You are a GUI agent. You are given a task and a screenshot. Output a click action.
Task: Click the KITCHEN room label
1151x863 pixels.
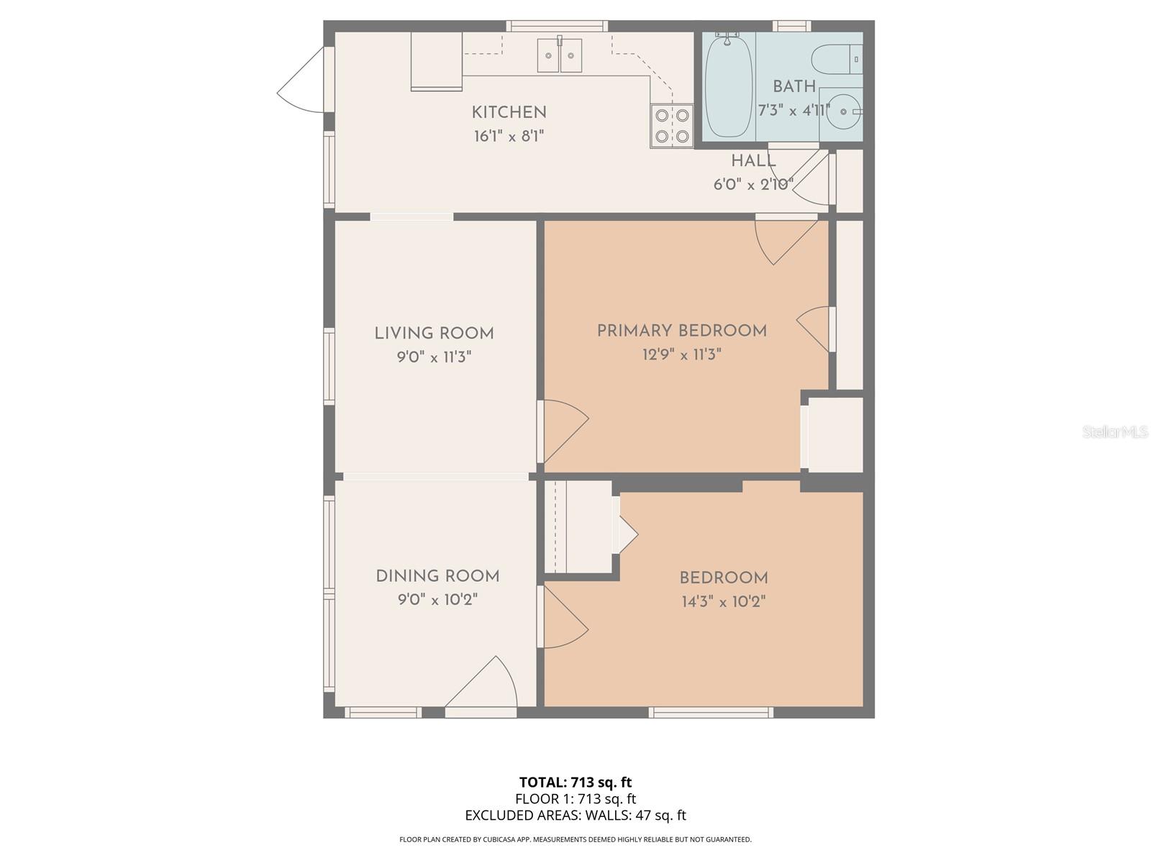[x=509, y=112]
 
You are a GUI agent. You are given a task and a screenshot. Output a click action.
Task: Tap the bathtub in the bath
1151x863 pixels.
[x=728, y=86]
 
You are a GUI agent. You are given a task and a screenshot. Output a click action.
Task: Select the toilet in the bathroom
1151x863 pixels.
[x=837, y=59]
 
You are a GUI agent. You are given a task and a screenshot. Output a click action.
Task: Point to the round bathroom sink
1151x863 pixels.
[x=841, y=111]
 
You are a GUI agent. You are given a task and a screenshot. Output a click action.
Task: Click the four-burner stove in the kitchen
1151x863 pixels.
[x=672, y=126]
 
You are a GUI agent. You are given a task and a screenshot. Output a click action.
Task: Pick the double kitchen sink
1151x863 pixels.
[x=560, y=55]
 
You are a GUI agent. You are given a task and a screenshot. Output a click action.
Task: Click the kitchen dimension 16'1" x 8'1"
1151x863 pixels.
[x=509, y=136]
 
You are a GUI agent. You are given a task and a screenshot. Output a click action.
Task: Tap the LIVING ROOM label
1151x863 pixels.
[x=435, y=333]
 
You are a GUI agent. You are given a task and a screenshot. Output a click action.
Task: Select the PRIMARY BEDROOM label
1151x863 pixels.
[x=682, y=331]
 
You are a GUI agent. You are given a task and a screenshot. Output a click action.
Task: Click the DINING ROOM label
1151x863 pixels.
[x=437, y=576]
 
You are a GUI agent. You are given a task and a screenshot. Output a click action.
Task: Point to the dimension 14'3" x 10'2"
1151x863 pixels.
[x=724, y=601]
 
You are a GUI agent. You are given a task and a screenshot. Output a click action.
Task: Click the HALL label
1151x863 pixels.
[x=753, y=161]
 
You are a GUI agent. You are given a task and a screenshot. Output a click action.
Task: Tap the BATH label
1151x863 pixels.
[x=794, y=86]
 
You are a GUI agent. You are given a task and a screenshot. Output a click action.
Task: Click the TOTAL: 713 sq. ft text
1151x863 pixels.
[x=575, y=782]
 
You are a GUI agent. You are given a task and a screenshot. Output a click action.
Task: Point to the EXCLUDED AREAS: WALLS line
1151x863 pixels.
[x=575, y=815]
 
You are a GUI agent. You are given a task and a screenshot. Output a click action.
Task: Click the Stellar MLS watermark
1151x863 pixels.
[x=1115, y=431]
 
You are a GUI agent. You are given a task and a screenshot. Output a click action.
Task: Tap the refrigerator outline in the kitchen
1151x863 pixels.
[x=436, y=61]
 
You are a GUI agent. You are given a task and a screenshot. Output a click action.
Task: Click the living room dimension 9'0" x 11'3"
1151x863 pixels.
[x=435, y=357]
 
